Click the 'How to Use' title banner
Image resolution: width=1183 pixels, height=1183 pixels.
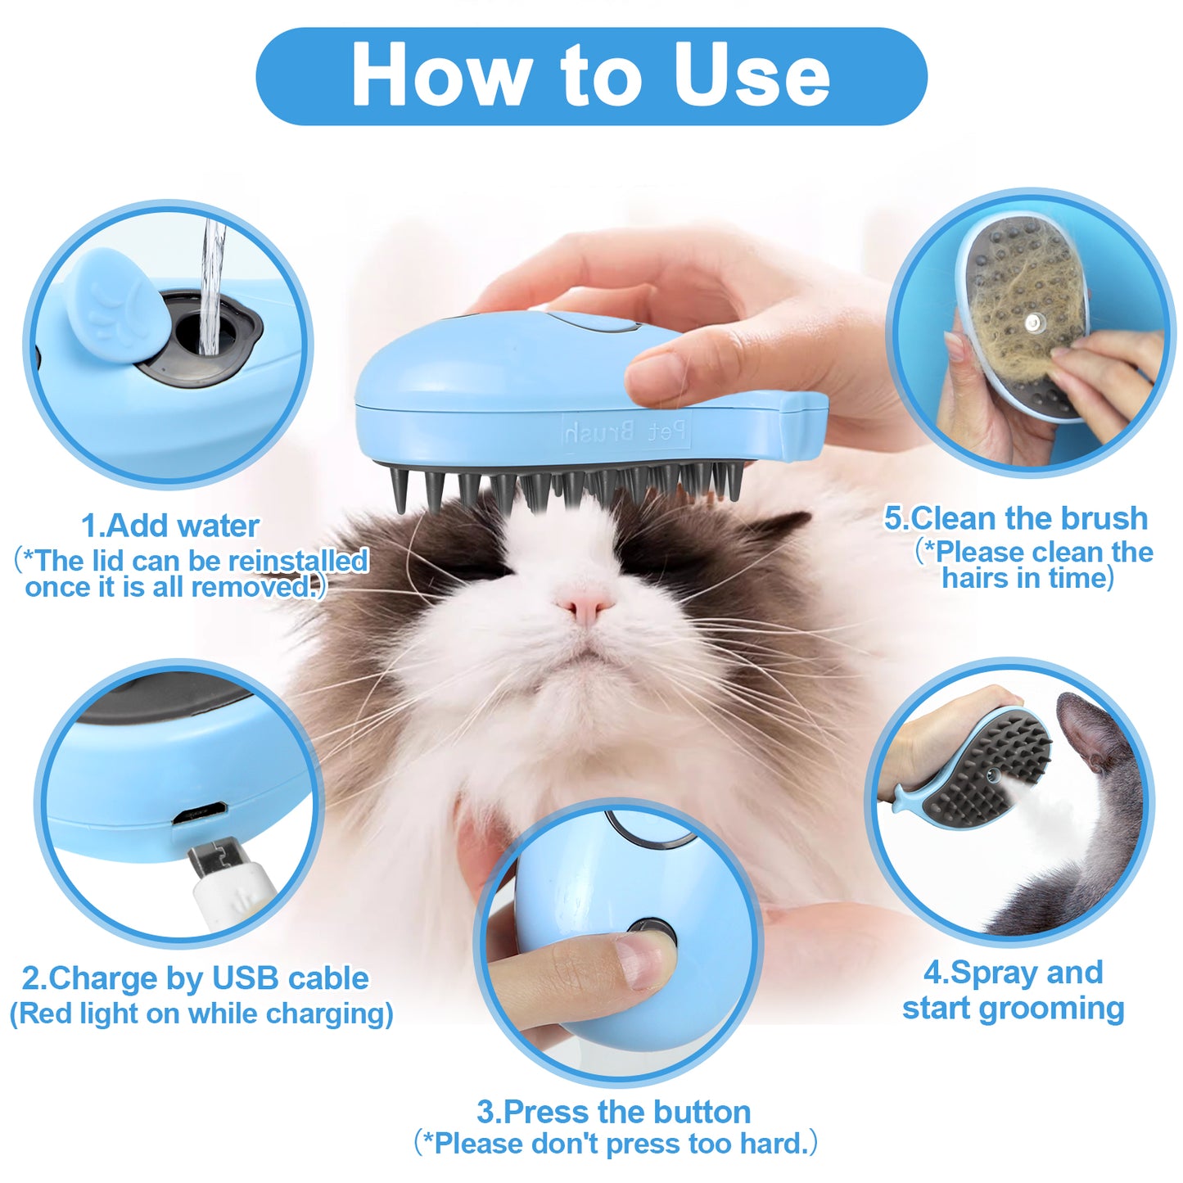pyautogui.click(x=591, y=76)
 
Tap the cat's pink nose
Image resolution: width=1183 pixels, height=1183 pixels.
pyautogui.click(x=585, y=607)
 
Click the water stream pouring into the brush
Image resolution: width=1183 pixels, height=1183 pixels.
pyautogui.click(x=212, y=287)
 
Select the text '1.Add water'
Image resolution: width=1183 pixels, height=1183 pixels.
pyautogui.click(x=170, y=526)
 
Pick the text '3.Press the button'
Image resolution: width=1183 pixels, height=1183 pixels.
pyautogui.click(x=613, y=1112)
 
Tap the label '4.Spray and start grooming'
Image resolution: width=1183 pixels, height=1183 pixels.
pyautogui.click(x=1013, y=990)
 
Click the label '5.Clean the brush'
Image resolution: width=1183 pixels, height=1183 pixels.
pyautogui.click(x=1016, y=518)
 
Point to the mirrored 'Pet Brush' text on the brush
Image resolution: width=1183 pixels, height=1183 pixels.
pyautogui.click(x=625, y=431)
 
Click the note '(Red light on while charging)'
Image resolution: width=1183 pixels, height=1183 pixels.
pyautogui.click(x=201, y=1014)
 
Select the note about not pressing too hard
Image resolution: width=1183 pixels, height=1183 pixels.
pyautogui.click(x=616, y=1143)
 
